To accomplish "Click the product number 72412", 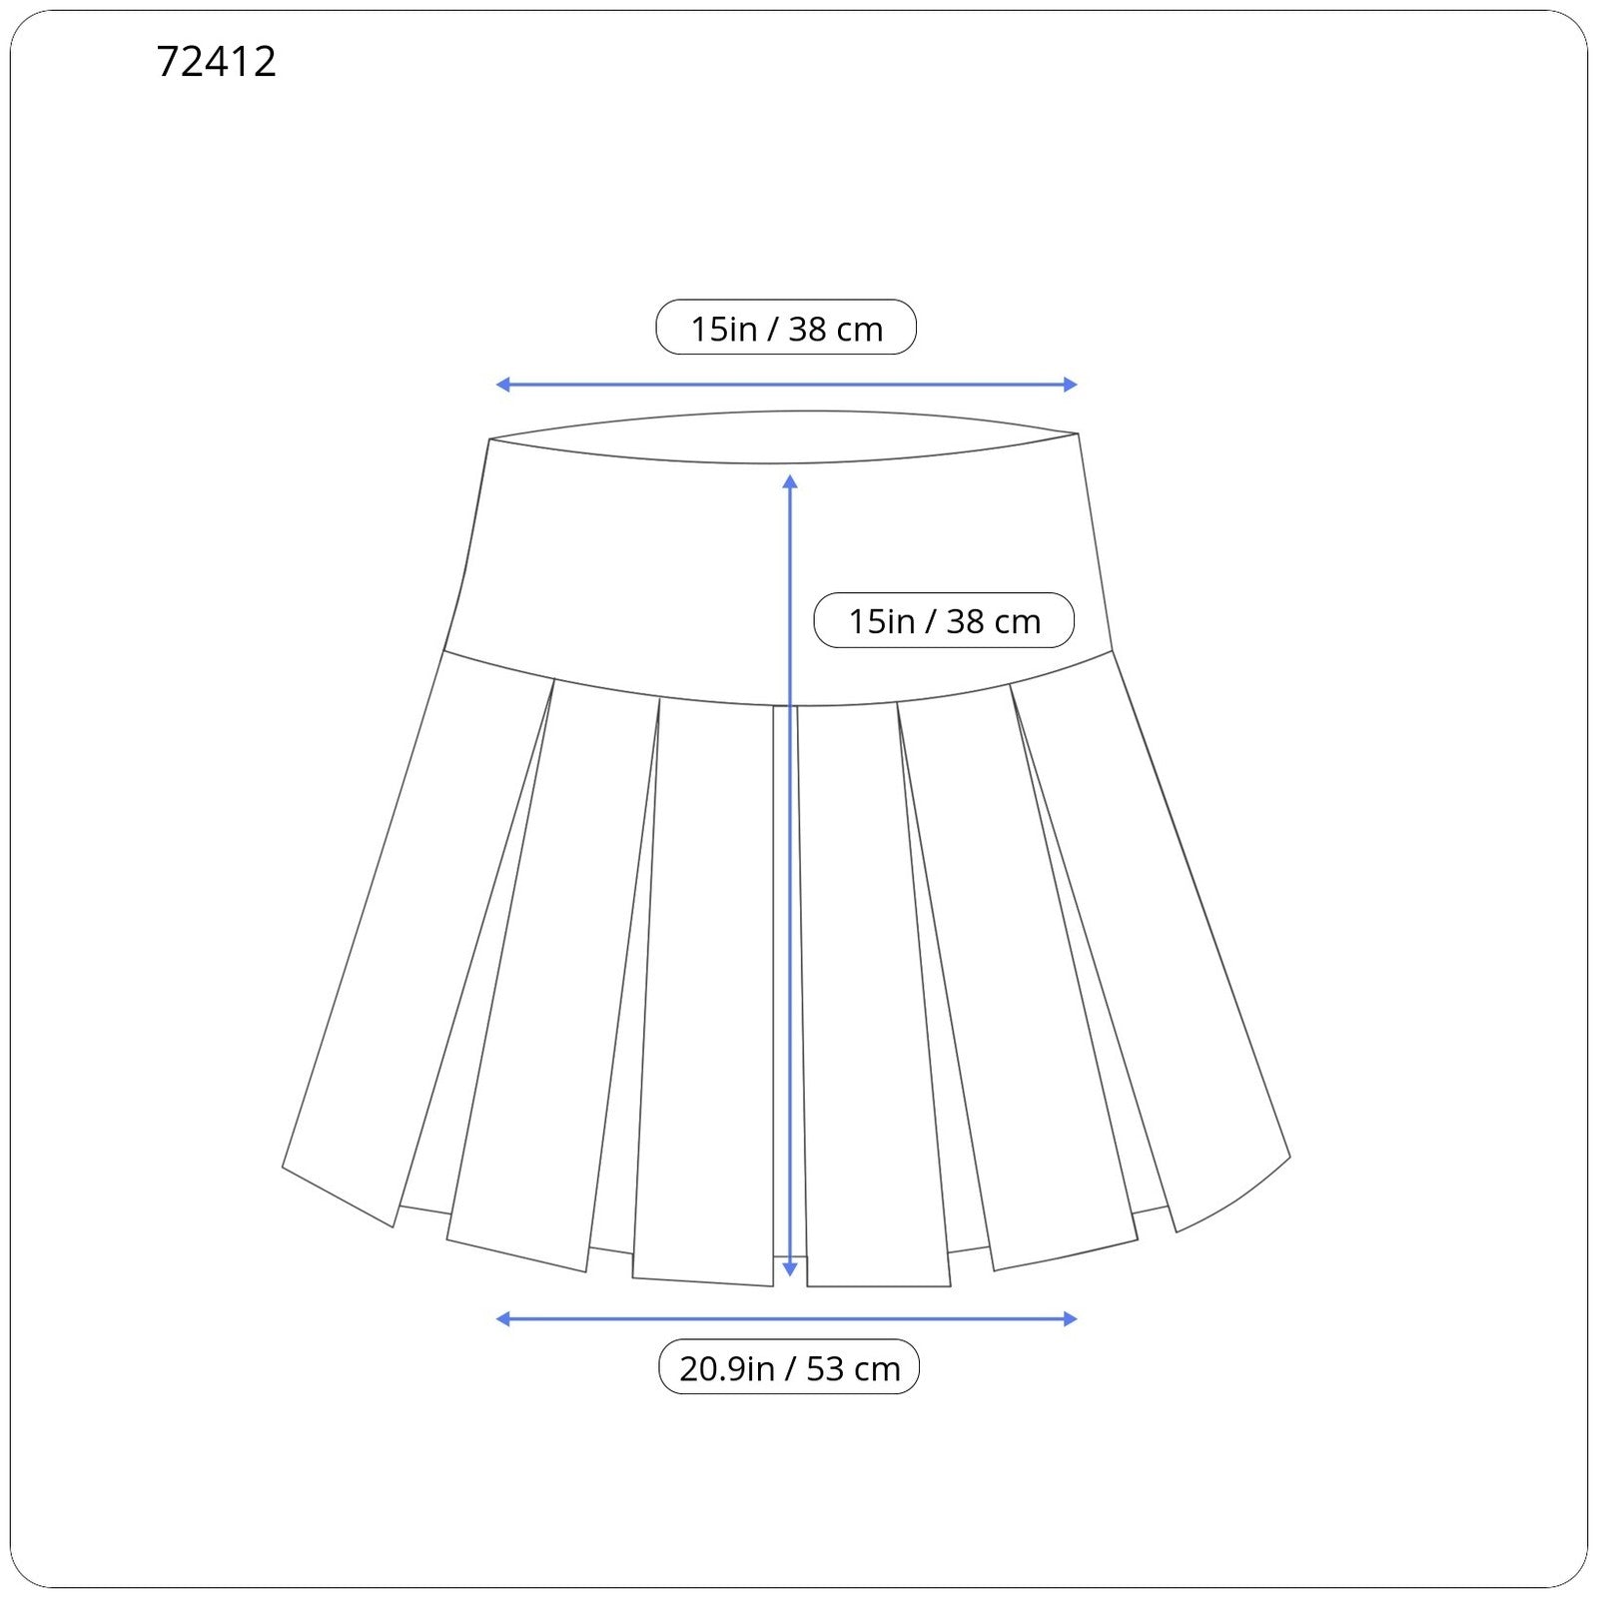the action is click(216, 62).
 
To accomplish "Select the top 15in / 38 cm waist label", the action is click(786, 328).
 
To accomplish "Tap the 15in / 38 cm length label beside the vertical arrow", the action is click(944, 620).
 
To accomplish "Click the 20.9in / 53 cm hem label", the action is click(789, 1367).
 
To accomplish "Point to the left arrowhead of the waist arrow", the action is click(502, 385).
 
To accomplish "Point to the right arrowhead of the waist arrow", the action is click(1071, 385).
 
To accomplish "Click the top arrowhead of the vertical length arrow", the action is click(790, 481).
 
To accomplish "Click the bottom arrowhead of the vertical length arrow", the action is click(790, 1269).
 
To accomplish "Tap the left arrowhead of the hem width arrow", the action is click(502, 1319).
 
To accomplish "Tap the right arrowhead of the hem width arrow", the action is click(1071, 1319).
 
